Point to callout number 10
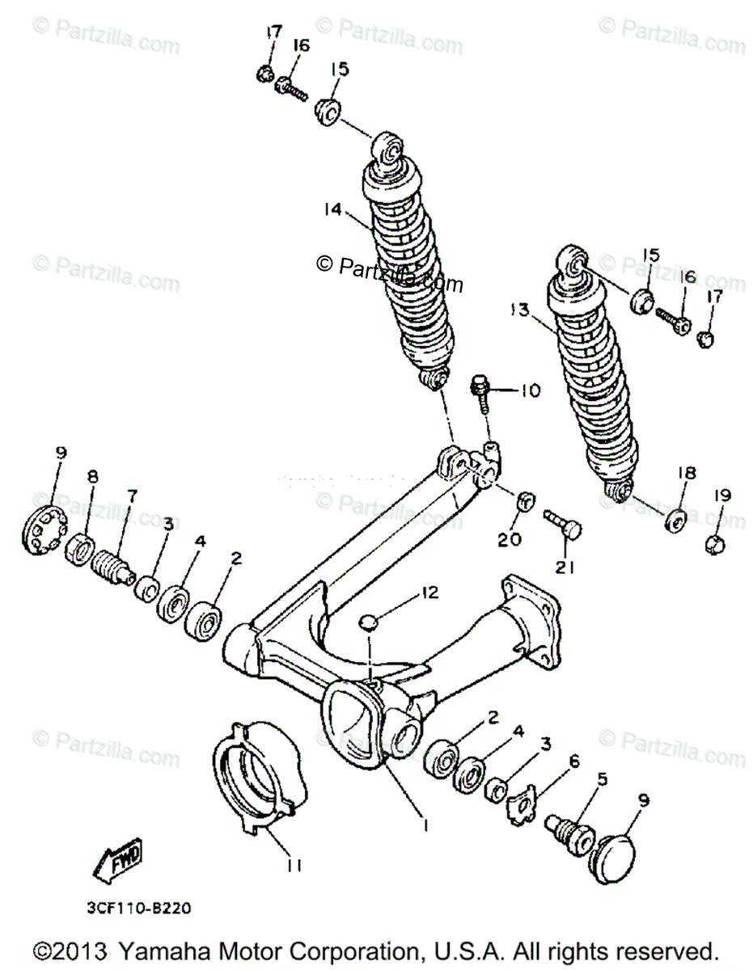[529, 391]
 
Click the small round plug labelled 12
[369, 622]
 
